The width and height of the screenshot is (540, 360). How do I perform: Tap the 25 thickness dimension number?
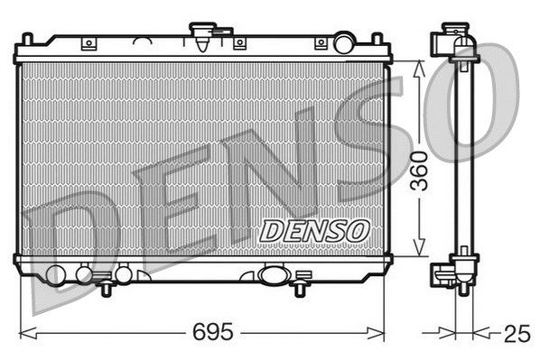pyautogui.click(x=516, y=334)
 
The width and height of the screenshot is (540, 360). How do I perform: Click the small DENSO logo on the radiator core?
pyautogui.click(x=314, y=230)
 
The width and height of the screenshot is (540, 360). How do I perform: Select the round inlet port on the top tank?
pyautogui.click(x=344, y=42)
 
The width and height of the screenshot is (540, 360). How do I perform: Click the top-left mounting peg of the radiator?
pyautogui.click(x=27, y=40)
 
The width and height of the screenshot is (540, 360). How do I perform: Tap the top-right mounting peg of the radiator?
pyautogui.click(x=377, y=40)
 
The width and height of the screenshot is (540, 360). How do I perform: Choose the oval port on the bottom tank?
pyautogui.click(x=272, y=275)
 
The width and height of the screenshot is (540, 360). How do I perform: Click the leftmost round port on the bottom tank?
pyautogui.click(x=56, y=275)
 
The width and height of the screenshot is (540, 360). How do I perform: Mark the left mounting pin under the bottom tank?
pyautogui.click(x=107, y=288)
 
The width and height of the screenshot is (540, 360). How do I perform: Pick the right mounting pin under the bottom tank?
pyautogui.click(x=298, y=288)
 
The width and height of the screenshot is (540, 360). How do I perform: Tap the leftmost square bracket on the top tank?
pyautogui.click(x=88, y=43)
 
